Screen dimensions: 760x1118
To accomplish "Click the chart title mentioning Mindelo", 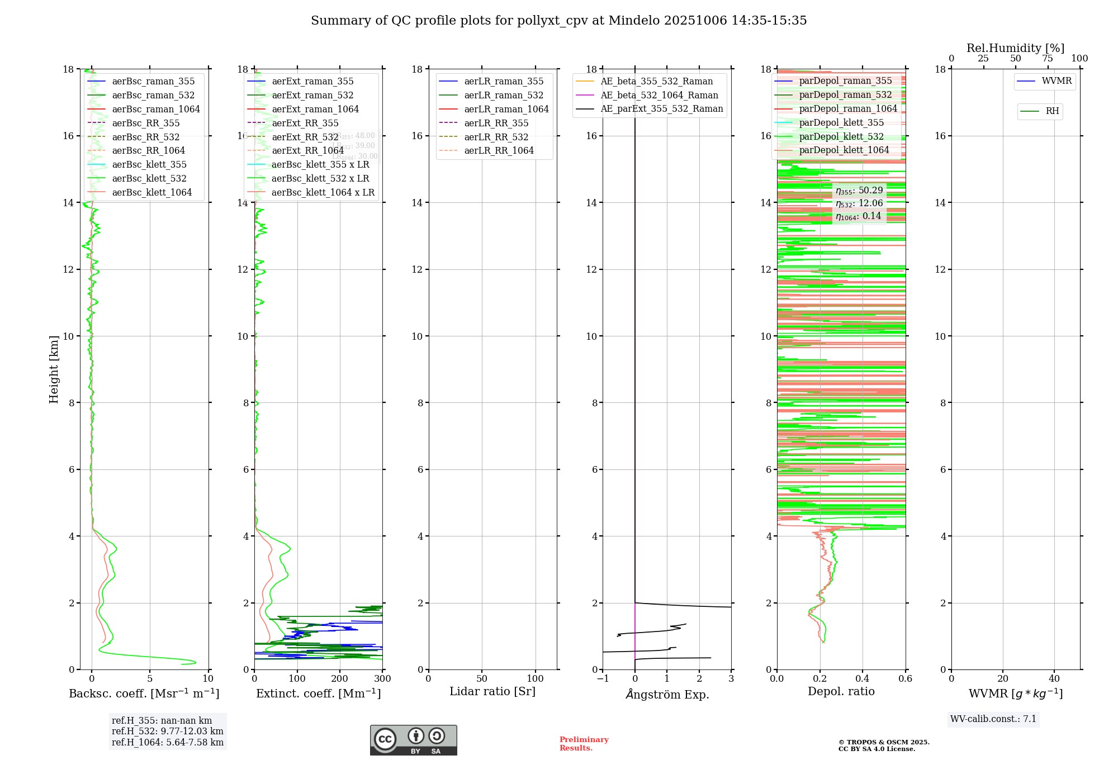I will click(558, 21).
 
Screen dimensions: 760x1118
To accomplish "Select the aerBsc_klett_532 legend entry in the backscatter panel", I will click(149, 179).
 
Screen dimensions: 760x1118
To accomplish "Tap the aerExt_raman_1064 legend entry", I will click(315, 110).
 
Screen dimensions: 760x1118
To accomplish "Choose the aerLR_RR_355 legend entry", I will click(496, 123).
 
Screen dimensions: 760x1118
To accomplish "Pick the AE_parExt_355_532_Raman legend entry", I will click(661, 109).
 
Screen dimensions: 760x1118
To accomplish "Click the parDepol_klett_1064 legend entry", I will click(844, 150).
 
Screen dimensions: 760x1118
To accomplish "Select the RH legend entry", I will click(1052, 111).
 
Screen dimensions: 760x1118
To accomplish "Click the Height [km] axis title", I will click(54, 369).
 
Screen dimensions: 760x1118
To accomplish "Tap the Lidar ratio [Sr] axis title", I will click(492, 691).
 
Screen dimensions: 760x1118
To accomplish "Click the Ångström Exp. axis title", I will click(667, 694).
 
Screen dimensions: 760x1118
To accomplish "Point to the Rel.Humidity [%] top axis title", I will click(1015, 48).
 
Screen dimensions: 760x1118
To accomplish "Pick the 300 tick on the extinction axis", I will click(382, 679).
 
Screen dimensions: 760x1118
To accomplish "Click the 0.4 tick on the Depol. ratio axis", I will click(863, 679).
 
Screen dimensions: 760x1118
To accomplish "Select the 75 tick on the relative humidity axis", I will click(1048, 59).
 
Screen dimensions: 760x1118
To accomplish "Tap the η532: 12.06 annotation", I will click(859, 203).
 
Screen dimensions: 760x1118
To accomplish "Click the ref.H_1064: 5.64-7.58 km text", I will click(167, 742).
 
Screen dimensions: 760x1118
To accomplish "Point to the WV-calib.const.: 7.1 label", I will click(993, 719).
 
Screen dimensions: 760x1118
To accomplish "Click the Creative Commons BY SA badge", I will click(413, 740).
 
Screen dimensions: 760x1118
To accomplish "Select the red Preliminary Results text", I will click(584, 744).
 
